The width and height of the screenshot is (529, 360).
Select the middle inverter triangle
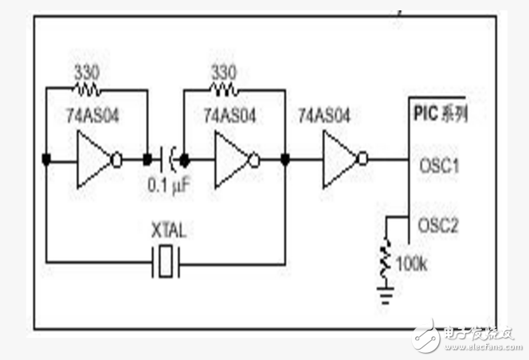tap(231, 159)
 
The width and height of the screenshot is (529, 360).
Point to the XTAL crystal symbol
tap(165, 261)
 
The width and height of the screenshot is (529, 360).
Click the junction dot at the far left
tap(48, 159)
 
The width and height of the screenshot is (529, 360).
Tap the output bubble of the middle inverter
tap(254, 159)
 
